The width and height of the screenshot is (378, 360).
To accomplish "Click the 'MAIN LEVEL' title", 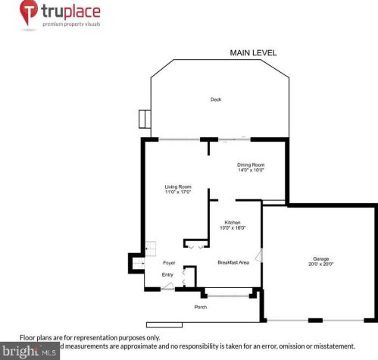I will point(253,53).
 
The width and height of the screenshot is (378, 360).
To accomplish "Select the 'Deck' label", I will point(216,99).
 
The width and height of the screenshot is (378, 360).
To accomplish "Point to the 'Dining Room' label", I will point(250,164).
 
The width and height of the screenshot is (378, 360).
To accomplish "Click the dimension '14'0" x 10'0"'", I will point(250,171).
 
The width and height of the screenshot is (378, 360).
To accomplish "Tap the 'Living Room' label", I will point(178,186).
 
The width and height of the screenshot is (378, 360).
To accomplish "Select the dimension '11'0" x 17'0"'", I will point(178,193).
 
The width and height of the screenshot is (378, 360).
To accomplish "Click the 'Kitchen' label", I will point(232,222).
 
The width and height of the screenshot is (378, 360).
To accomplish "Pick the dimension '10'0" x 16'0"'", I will point(232,228).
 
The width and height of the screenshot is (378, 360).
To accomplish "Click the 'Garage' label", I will point(321,258).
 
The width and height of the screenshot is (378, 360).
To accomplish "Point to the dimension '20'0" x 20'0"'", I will point(321,264).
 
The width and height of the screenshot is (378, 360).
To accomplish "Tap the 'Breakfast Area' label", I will point(233,262).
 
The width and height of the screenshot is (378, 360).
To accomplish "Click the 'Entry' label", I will point(167,274).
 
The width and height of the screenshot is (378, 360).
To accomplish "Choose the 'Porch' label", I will point(201,307).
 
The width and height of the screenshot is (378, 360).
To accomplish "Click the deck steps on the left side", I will point(144,120).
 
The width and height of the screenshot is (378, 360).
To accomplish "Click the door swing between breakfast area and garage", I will point(259,255).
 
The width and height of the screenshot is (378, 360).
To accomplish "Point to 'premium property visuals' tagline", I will point(72,24).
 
